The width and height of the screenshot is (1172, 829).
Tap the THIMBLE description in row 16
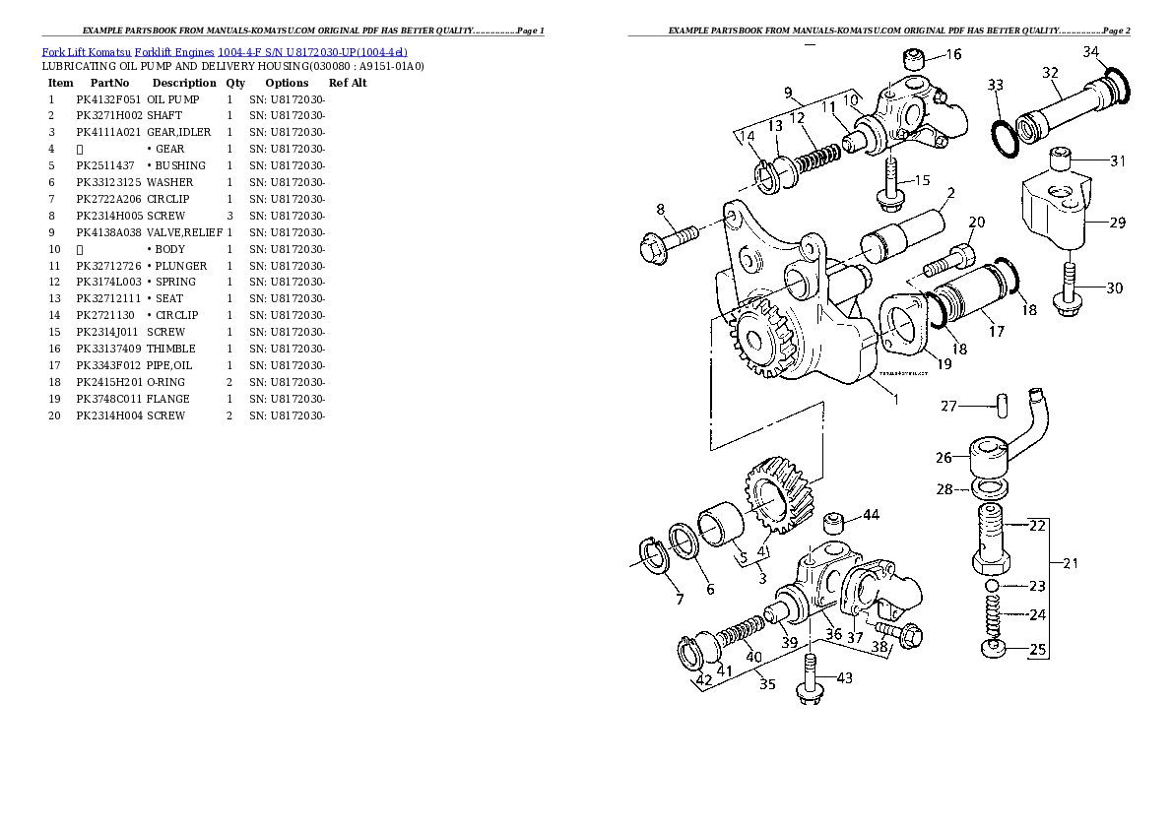point(170,349)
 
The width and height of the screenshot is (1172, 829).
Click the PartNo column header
point(109,83)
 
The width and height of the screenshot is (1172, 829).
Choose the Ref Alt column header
point(348,83)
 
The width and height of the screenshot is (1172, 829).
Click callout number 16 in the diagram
point(953,55)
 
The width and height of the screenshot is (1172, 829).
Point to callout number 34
point(1091,51)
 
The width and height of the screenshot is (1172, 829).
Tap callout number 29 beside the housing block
point(1117,223)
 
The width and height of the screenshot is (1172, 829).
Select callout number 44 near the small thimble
point(871,515)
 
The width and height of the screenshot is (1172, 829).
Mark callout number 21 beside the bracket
point(1071,563)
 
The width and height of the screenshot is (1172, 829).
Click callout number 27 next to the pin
point(948,406)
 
